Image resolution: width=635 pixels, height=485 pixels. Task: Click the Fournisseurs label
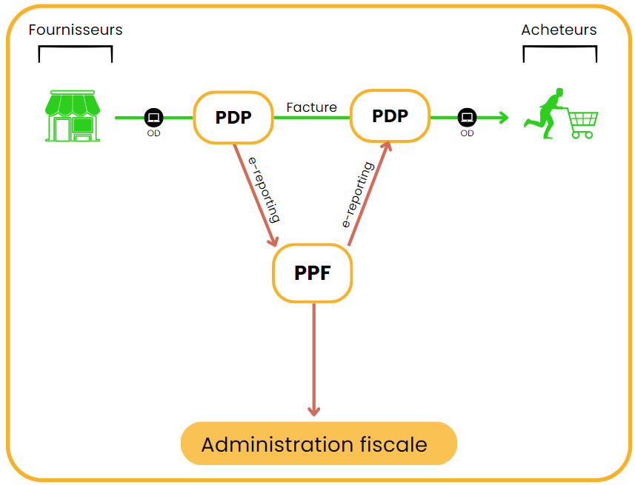(75, 30)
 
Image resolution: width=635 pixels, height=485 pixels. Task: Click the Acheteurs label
(559, 30)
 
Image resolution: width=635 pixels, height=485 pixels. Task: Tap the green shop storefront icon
(73, 116)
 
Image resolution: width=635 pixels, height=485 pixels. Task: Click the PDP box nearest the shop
(233, 117)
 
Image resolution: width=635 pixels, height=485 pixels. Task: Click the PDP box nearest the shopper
(390, 116)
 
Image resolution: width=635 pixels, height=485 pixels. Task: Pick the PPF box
(312, 273)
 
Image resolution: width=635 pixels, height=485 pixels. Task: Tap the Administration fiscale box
(319, 444)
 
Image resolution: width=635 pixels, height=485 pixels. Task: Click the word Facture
(311, 107)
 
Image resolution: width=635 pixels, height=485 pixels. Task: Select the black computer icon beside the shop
(153, 117)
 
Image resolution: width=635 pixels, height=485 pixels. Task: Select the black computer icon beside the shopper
(467, 117)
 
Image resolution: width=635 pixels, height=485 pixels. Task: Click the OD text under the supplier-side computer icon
(153, 134)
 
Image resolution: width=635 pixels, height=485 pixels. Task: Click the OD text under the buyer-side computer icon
(467, 133)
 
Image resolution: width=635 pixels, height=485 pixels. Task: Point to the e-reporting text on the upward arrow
(357, 195)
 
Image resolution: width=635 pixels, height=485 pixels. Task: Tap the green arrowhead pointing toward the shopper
(504, 117)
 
